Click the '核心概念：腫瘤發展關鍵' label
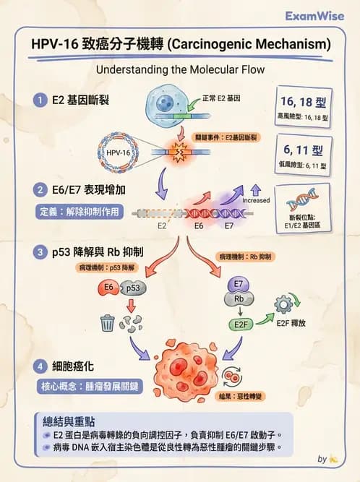click(x=89, y=386)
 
